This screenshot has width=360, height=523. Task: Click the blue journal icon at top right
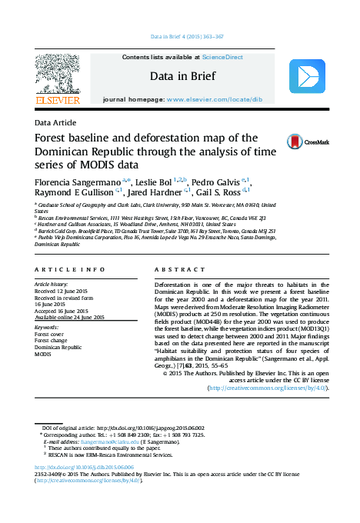click(306, 78)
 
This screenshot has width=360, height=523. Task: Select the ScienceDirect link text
click(222, 57)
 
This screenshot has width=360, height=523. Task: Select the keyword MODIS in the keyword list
click(43, 355)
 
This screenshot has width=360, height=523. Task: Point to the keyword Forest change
click(52, 341)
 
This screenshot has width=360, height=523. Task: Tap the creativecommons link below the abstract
click(268, 388)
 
